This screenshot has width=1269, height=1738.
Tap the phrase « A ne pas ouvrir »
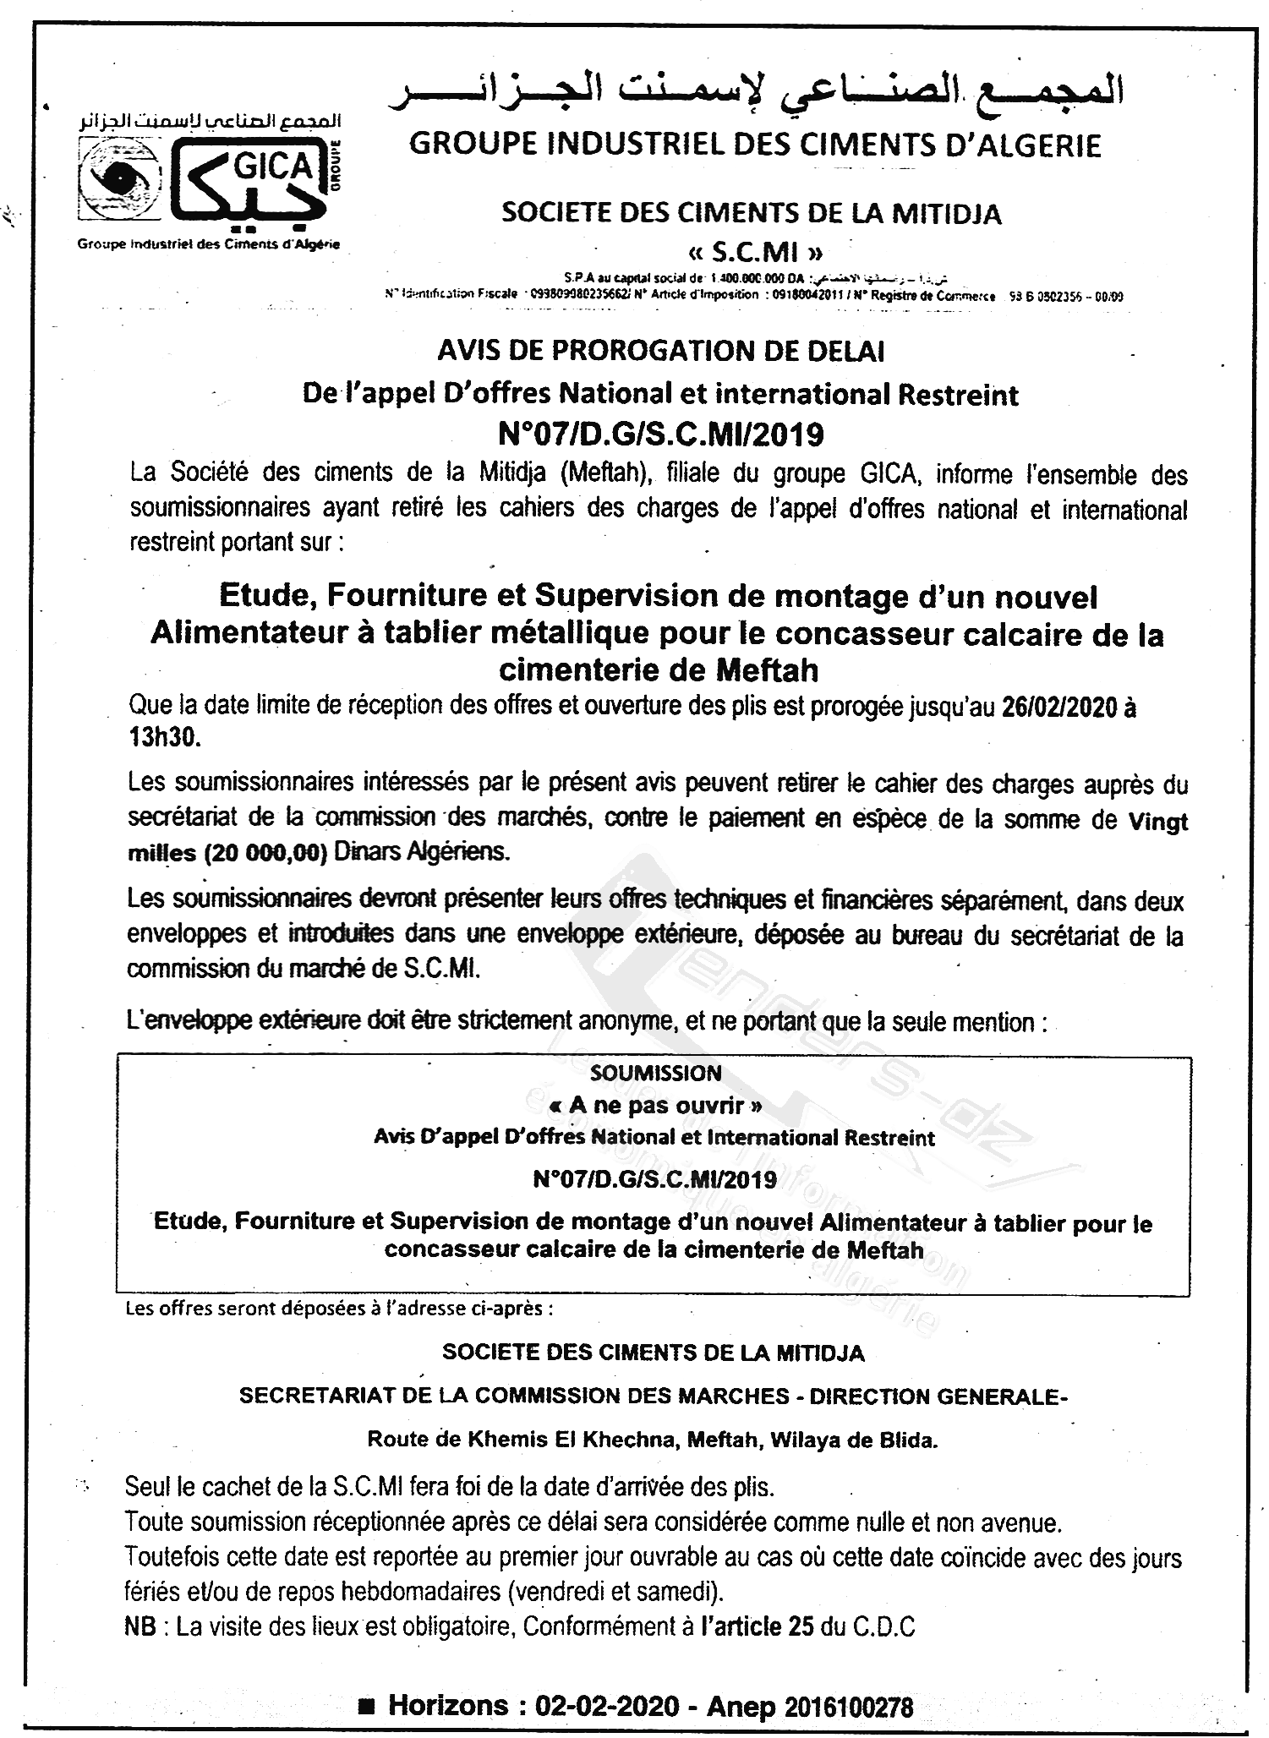(656, 1105)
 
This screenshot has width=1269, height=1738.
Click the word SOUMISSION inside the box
(656, 1074)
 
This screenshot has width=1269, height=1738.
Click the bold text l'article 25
(753, 1627)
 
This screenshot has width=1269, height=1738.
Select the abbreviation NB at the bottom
(139, 1627)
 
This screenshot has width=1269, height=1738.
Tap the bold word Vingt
(1158, 822)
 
